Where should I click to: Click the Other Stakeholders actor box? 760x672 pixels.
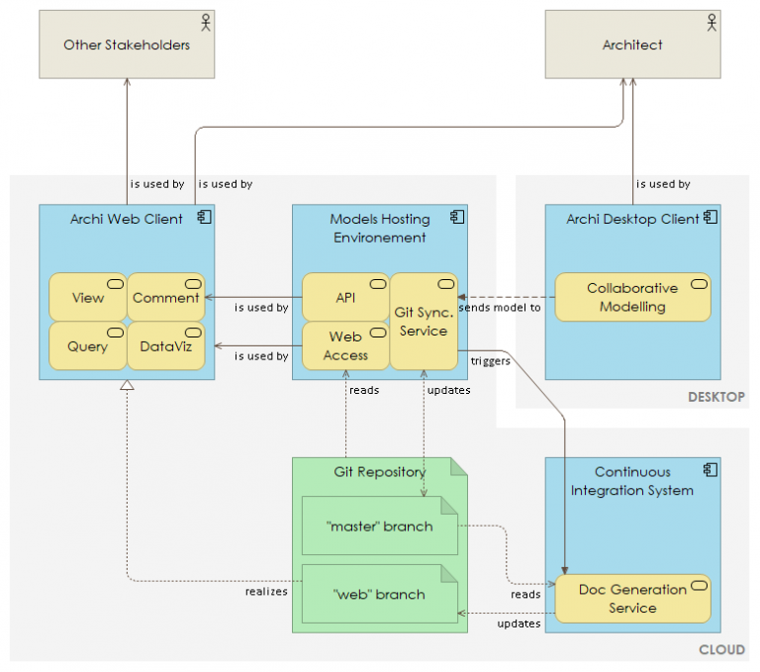tap(127, 45)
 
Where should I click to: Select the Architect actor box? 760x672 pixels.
tap(632, 45)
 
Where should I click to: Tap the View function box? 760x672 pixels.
tap(88, 297)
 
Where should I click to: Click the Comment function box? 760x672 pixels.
tap(165, 297)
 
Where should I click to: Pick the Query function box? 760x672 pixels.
tap(88, 346)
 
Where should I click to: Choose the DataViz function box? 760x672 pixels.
tap(165, 346)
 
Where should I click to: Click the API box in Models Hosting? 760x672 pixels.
tap(345, 297)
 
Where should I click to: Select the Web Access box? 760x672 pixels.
tap(345, 345)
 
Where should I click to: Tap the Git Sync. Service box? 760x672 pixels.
tap(424, 321)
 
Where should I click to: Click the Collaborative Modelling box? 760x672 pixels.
tap(632, 297)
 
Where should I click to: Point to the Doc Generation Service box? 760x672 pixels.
tap(632, 598)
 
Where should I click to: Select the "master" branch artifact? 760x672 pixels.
tap(379, 526)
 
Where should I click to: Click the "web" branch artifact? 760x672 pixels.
tap(379, 594)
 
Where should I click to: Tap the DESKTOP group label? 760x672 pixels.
tap(715, 397)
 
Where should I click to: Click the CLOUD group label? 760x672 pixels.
tap(721, 650)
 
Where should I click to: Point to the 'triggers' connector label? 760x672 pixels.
tap(491, 361)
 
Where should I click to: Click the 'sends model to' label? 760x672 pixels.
tap(500, 307)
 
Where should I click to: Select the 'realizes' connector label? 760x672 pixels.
tap(266, 591)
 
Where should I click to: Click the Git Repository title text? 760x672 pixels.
tap(379, 471)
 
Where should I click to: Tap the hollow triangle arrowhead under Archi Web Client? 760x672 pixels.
tap(127, 387)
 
